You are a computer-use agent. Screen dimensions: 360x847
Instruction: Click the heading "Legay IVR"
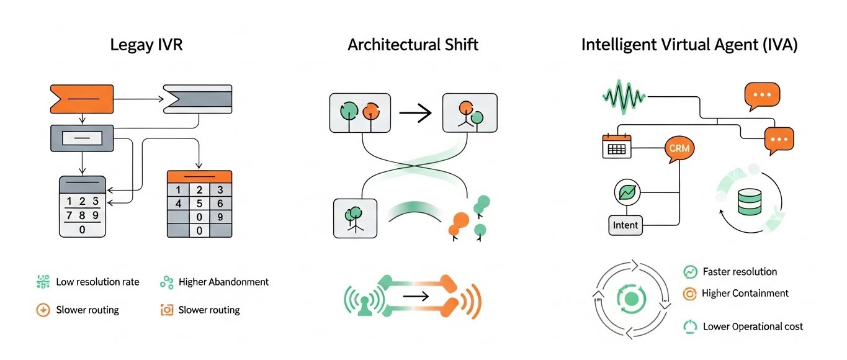[x=146, y=45]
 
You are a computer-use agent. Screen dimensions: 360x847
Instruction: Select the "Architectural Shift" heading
[x=413, y=45]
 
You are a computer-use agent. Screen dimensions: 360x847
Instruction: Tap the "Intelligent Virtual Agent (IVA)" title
[x=689, y=45]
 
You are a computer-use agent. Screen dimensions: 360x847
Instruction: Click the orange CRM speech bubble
[x=679, y=149]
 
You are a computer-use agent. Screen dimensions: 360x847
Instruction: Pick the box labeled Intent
[x=625, y=225]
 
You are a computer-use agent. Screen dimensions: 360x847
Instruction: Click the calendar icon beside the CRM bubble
[x=616, y=146]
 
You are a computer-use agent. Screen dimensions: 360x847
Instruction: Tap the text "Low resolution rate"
[x=97, y=282]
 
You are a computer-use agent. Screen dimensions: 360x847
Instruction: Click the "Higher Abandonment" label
[x=223, y=282]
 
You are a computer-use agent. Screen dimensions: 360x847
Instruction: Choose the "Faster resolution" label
[x=740, y=272]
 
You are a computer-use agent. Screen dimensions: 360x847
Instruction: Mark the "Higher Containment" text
[x=745, y=293]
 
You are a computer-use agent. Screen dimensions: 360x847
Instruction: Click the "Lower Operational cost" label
[x=753, y=326]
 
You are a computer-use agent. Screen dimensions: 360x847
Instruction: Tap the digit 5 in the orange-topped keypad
[x=199, y=203]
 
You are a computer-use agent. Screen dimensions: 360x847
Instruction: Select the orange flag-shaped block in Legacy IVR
[x=82, y=99]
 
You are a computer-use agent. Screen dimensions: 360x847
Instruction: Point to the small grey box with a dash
[x=82, y=137]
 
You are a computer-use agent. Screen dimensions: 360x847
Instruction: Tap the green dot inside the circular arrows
[x=632, y=300]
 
